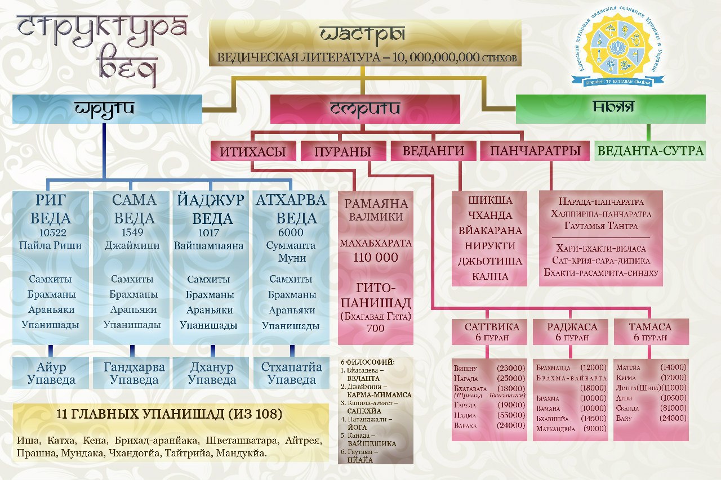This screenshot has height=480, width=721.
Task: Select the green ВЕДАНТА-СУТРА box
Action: click(650, 151)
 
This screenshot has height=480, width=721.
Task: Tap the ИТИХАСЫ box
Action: click(253, 151)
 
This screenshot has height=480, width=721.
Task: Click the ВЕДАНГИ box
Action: click(434, 151)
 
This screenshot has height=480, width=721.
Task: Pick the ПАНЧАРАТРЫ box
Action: click(536, 151)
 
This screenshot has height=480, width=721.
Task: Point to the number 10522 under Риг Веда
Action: click(51, 232)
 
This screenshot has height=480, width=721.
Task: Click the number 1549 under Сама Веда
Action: click(131, 232)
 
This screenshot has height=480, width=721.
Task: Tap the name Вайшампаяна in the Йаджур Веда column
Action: click(209, 246)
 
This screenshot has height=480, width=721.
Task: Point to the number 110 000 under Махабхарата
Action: click(376, 258)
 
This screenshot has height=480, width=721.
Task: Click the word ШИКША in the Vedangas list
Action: click(489, 200)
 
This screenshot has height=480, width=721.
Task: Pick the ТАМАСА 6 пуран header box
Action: click(651, 332)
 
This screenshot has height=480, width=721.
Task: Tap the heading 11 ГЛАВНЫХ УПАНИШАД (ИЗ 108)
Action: click(170, 414)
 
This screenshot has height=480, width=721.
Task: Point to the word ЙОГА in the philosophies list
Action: click(353, 428)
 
